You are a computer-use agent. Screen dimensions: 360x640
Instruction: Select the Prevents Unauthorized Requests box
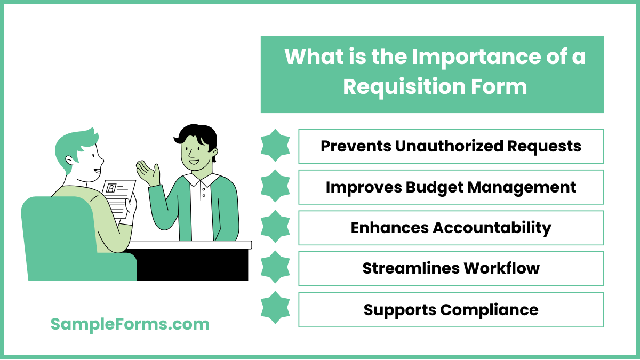click(x=451, y=146)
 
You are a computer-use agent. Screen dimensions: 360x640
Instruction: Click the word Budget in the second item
click(x=439, y=187)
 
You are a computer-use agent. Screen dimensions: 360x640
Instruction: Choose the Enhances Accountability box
click(x=451, y=228)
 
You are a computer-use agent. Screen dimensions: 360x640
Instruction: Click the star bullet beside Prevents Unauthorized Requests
click(x=275, y=146)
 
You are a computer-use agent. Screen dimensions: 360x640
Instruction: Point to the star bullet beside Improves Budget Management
click(x=275, y=187)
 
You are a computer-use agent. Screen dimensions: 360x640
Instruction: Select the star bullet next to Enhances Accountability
click(x=275, y=228)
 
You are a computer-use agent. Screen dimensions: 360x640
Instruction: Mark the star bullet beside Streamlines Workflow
click(x=275, y=268)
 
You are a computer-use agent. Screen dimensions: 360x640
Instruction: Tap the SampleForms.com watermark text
click(x=130, y=324)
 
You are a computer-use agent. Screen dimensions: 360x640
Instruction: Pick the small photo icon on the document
click(x=111, y=188)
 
